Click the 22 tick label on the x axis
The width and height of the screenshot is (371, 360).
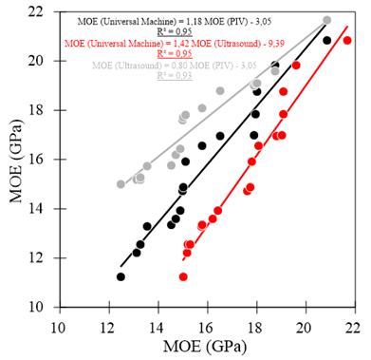pos(353,323)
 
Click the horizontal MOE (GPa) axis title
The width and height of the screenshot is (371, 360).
pos(205,344)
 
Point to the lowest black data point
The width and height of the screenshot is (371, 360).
pos(121,276)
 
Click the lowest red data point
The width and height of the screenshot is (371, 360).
pos(183,276)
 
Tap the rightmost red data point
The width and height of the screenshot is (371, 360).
pos(347,40)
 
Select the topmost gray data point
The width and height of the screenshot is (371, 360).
pos(327,20)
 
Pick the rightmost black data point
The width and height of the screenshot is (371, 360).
pos(327,40)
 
